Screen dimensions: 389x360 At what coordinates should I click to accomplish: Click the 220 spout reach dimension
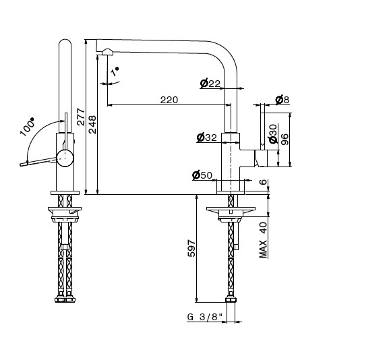[x=169, y=100]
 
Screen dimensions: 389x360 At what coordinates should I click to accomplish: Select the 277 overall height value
[x=81, y=117]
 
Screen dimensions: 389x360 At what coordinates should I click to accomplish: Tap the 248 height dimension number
[x=92, y=125]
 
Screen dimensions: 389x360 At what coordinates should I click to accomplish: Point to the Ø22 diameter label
[x=210, y=84]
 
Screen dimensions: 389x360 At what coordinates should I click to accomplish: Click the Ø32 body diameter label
[x=207, y=138]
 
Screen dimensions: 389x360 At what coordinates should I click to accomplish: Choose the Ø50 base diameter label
[x=202, y=175]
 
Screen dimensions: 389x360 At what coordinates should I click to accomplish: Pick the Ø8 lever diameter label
[x=282, y=100]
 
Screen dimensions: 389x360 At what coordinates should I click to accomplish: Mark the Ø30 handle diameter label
[x=272, y=133]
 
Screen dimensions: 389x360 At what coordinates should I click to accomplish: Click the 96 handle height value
[x=285, y=140]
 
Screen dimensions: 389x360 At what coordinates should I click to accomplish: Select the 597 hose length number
[x=191, y=248]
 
